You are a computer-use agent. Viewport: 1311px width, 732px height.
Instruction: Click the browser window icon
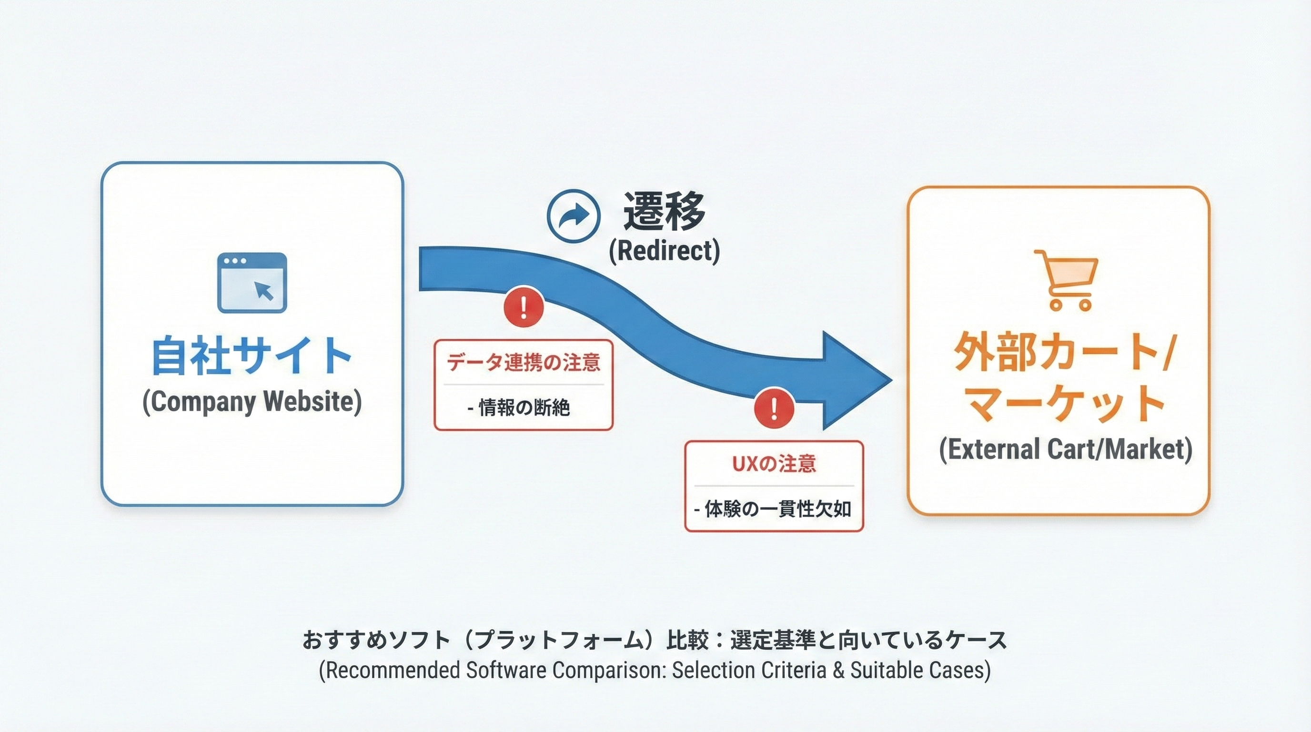[252, 283]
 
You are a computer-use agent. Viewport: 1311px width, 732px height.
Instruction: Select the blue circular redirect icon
[574, 216]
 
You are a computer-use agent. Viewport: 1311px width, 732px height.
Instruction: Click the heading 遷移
[665, 211]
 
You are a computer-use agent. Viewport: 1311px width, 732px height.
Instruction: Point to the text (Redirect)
[665, 251]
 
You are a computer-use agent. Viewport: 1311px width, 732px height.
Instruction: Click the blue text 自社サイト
[252, 356]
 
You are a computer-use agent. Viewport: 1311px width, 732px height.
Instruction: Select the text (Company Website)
[252, 402]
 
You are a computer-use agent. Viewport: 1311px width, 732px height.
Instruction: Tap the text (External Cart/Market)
[1065, 449]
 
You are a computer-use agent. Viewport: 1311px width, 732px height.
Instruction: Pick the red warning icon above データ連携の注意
[524, 307]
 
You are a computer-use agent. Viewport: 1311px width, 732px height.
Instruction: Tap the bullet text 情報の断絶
[524, 408]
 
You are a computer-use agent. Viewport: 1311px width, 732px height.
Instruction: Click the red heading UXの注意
[774, 464]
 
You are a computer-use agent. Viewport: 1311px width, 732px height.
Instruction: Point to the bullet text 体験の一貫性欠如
[777, 509]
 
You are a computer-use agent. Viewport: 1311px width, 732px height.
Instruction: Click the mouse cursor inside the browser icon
[264, 291]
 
